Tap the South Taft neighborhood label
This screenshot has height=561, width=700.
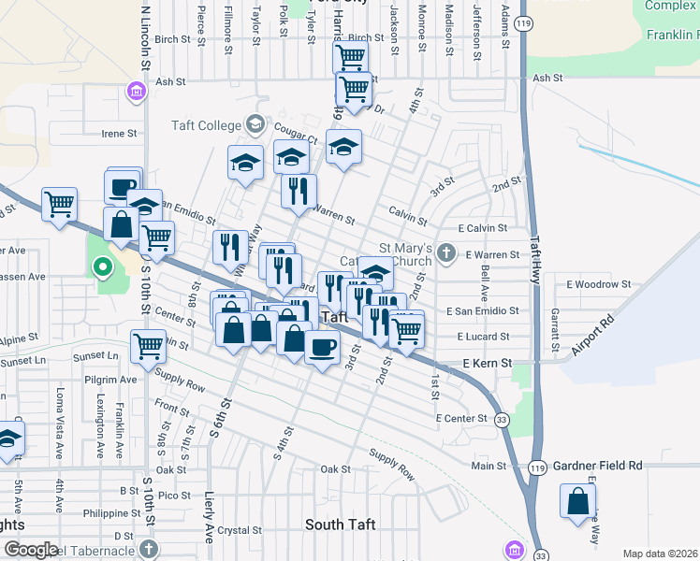point(340,525)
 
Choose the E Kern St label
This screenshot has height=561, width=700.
point(489,362)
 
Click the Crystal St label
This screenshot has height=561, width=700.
point(240,529)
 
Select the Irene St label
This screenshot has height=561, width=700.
point(119,134)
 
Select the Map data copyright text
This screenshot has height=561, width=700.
point(660,554)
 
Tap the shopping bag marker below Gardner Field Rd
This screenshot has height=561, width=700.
point(578,499)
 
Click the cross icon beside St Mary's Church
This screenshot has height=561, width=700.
point(448,252)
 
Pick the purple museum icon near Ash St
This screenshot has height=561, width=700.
point(136,92)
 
